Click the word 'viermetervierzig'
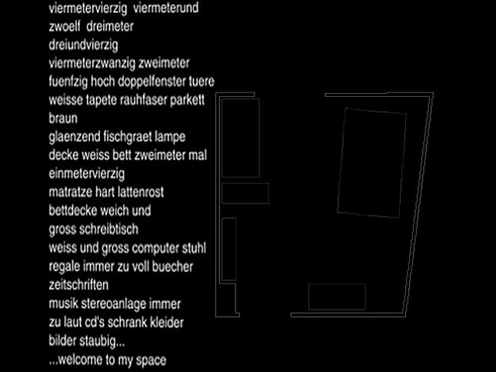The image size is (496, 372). coord(88,8)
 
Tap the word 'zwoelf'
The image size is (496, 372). coord(65,26)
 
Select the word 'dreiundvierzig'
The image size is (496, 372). coord(84,45)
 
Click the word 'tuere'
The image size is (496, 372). coord(201,81)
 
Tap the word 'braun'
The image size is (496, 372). coord(63,118)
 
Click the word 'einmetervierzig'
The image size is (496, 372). coord(87,174)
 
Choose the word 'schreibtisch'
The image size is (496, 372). coord(109,229)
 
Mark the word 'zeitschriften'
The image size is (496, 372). coord(78,285)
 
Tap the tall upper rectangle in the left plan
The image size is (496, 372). coord(222,138)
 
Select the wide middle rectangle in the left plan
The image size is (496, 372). coord(245,183)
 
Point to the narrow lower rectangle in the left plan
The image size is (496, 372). coord(222,249)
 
